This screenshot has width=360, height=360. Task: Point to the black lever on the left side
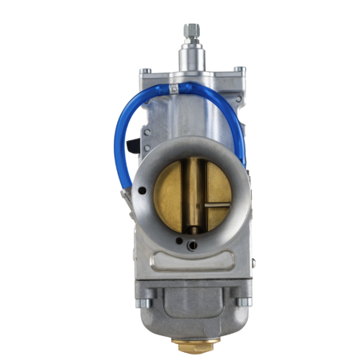coord(131,145)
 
